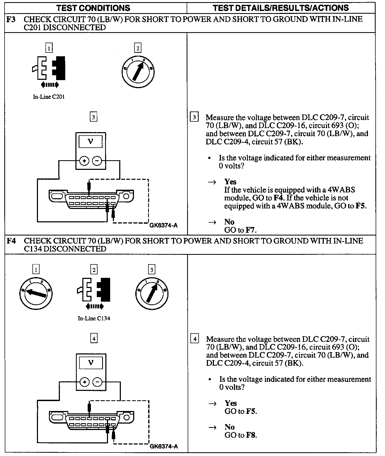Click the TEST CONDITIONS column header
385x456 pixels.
coord(93,8)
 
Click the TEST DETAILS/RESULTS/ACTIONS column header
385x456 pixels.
coord(281,8)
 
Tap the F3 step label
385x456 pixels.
coord(11,20)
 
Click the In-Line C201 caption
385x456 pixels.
coord(49,97)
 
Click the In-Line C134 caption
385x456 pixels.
coord(94,319)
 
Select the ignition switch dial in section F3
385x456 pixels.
coord(138,71)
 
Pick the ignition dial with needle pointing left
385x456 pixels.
coord(36,293)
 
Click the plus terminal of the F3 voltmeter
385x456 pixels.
coord(84,161)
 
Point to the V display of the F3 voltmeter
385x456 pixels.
coord(91,141)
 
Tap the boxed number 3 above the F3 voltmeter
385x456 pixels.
coord(93,117)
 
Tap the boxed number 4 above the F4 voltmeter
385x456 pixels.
coord(94,339)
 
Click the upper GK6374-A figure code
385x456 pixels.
coord(163,225)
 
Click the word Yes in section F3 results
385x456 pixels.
coord(230,182)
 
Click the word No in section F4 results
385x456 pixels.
coord(230,427)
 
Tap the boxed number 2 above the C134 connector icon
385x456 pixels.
coord(94,270)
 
